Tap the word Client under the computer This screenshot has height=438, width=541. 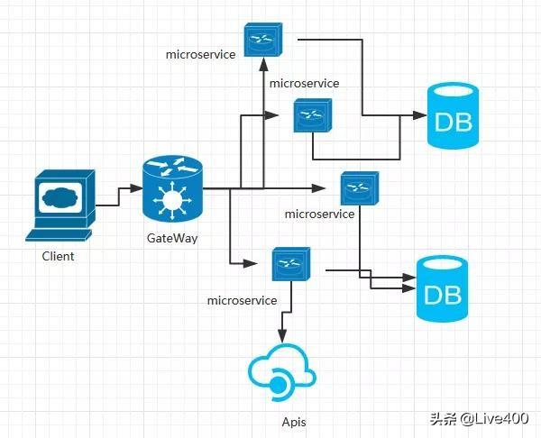(x=58, y=256)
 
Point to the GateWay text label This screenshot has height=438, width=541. (x=172, y=238)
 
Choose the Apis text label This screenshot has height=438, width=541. (x=295, y=421)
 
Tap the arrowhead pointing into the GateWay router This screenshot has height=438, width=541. (x=137, y=187)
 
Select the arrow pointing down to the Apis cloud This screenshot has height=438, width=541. (x=283, y=333)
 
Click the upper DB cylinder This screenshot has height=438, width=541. (x=453, y=117)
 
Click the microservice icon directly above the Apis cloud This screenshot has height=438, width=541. (x=290, y=263)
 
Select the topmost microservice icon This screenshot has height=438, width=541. (x=261, y=39)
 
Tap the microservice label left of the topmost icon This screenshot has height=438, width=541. (x=200, y=54)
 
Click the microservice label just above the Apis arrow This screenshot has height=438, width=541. (x=242, y=299)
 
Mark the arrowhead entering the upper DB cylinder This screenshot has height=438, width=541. (x=420, y=116)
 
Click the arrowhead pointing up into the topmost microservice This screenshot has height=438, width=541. (x=261, y=63)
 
